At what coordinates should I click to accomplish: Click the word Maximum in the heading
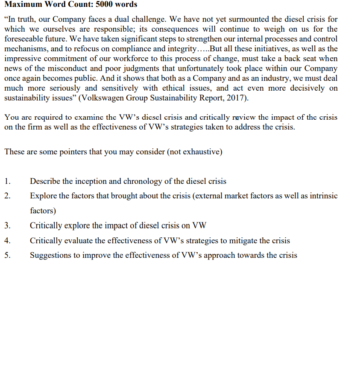coord(22,5)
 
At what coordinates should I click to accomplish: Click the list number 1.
coord(7,181)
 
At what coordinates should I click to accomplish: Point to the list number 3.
coord(7,226)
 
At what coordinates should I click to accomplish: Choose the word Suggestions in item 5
coord(51,255)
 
